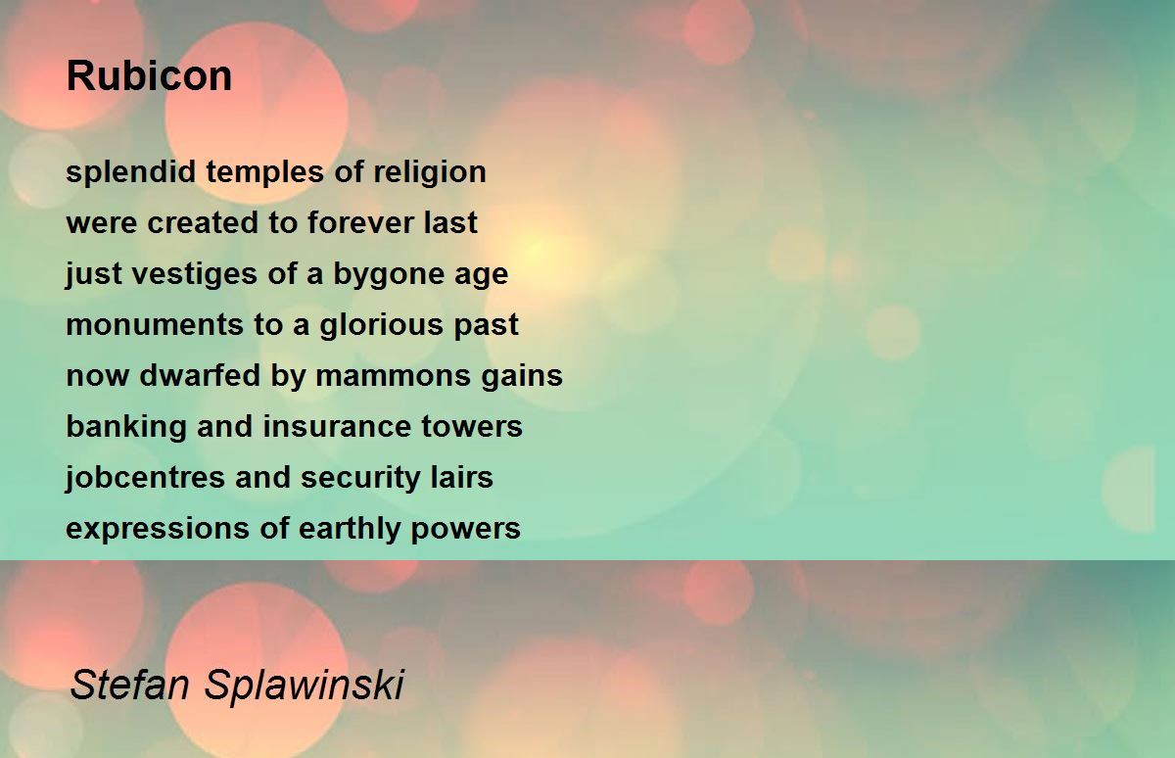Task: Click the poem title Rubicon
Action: (149, 76)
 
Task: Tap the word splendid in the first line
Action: (130, 173)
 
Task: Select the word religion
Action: (430, 173)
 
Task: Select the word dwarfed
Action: (200, 376)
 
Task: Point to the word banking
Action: (126, 426)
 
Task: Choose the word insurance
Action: (337, 426)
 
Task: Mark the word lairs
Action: (461, 477)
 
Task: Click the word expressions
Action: (158, 529)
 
